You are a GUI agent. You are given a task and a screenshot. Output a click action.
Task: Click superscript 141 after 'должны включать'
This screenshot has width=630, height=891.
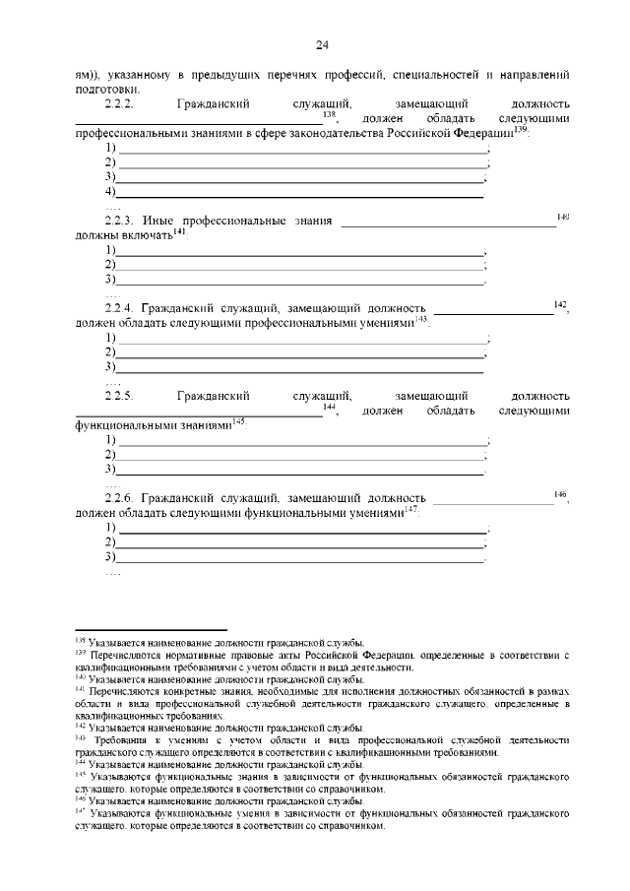pos(179,231)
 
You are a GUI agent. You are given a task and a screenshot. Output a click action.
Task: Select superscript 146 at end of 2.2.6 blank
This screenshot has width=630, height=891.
pos(560,494)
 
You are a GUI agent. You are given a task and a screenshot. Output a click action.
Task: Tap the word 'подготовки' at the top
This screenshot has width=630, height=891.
pos(106,88)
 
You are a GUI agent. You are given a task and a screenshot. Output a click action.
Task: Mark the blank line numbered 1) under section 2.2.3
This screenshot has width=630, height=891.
pos(300,252)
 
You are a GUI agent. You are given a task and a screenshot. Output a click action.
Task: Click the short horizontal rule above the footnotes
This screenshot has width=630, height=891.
pos(152,628)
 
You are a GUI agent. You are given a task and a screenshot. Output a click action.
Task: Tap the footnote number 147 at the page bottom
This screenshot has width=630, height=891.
pos(81,814)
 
